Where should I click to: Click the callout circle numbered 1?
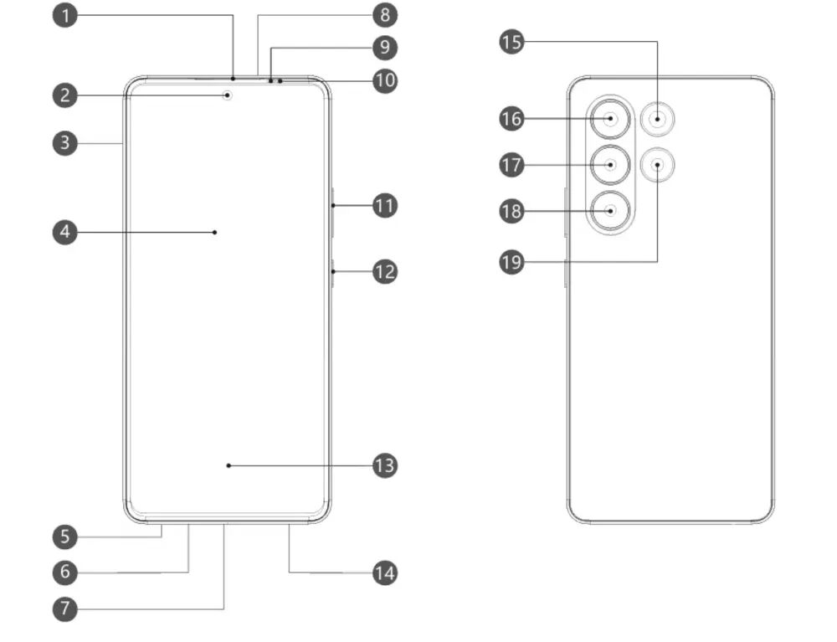click(x=64, y=16)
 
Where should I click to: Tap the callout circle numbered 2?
click(x=64, y=95)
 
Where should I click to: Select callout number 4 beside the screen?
click(x=64, y=232)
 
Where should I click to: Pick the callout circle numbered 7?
click(x=64, y=609)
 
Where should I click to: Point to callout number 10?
click(x=384, y=81)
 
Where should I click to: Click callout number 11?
click(x=384, y=205)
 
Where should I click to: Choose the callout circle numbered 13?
click(x=384, y=465)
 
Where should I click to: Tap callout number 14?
click(x=384, y=573)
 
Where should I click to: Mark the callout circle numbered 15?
click(x=511, y=42)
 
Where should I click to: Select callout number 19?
click(x=511, y=262)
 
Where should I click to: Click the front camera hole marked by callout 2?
click(x=228, y=95)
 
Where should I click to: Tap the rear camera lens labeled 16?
click(x=611, y=119)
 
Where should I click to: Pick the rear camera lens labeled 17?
click(x=611, y=165)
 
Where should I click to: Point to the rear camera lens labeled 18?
click(x=611, y=211)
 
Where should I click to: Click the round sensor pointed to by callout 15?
click(x=658, y=119)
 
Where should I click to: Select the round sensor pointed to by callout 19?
click(x=658, y=164)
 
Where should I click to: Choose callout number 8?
click(x=384, y=15)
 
